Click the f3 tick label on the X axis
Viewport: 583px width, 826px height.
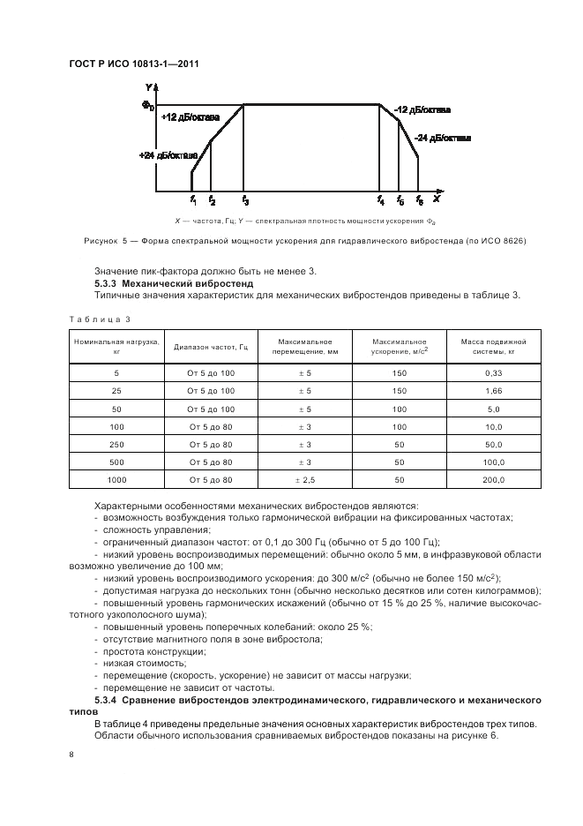click(245, 200)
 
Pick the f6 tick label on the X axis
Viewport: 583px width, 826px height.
click(420, 200)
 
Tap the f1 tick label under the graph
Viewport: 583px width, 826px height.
click(193, 200)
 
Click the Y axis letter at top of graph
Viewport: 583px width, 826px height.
click(148, 88)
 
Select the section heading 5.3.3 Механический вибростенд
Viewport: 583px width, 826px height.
click(174, 284)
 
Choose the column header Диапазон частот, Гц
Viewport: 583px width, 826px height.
click(211, 346)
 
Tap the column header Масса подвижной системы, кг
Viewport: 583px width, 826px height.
click(493, 346)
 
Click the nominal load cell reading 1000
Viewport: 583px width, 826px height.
click(116, 479)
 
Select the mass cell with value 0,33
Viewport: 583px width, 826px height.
click(493, 372)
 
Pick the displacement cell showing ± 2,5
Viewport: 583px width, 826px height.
click(303, 479)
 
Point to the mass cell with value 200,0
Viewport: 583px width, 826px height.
click(493, 479)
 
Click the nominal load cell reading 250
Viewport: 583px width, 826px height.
click(116, 444)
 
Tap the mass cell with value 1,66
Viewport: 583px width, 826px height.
click(493, 390)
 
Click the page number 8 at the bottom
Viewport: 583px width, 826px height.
click(71, 754)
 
